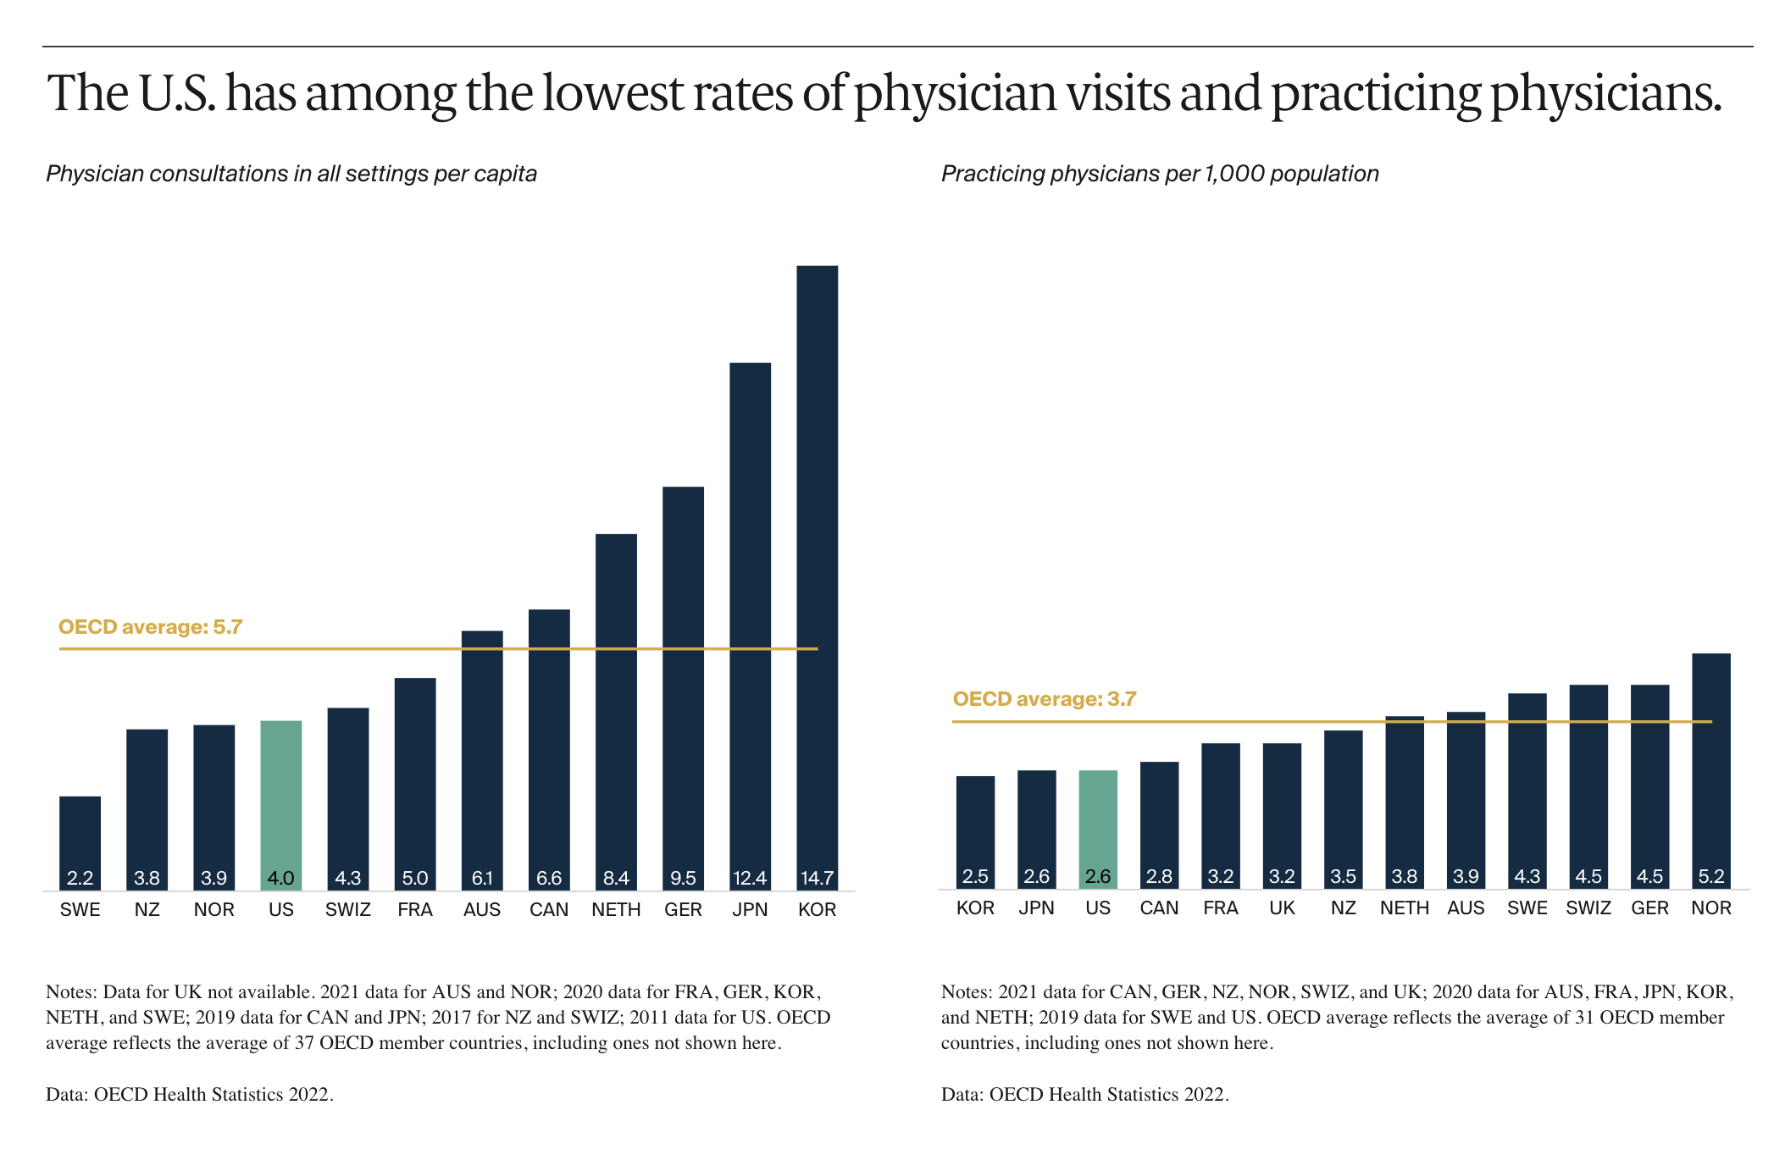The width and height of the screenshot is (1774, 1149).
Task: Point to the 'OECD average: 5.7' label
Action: pos(150,627)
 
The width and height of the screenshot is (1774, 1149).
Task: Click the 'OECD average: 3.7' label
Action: pos(1044,699)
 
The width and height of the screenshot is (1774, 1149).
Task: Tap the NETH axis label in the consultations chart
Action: pos(616,910)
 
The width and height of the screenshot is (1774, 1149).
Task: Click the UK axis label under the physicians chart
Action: pos(1282,908)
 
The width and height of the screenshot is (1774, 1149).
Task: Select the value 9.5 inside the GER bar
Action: pos(683,878)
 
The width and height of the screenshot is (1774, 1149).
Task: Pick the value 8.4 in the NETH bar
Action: pos(616,878)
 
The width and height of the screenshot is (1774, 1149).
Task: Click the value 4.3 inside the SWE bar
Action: pos(1527,876)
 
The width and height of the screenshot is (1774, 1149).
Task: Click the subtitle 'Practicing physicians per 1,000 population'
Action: pos(1160,174)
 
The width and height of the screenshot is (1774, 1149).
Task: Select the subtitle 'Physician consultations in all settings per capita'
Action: pos(291,174)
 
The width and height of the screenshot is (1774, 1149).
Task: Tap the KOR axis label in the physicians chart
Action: pos(975,908)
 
